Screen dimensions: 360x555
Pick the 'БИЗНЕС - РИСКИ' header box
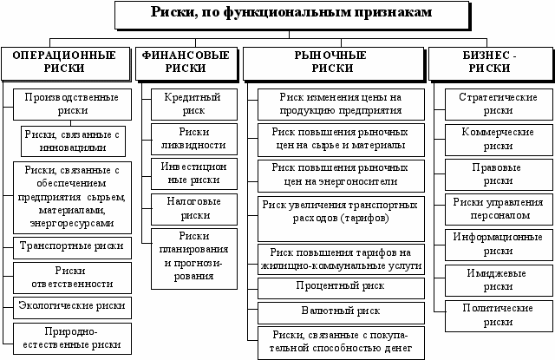tap(491, 60)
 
